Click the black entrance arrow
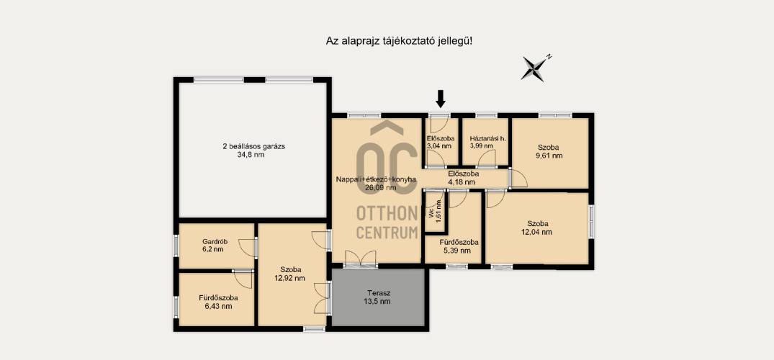pos(441,99)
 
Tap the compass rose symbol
pos(534,68)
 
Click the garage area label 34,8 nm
pos(254,155)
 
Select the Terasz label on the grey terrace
pos(379,292)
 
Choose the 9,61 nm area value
pos(549,156)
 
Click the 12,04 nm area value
pos(537,232)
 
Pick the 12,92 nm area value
pos(289,278)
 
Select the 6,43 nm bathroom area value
pos(217,306)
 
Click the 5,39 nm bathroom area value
pos(452,251)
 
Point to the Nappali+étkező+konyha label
pos(376,179)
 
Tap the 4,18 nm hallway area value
pos(462,181)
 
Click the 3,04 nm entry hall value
pos(439,145)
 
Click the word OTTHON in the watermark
pos(387,213)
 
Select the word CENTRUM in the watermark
pos(387,232)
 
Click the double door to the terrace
pos(361,259)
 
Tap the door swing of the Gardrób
pos(248,248)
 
